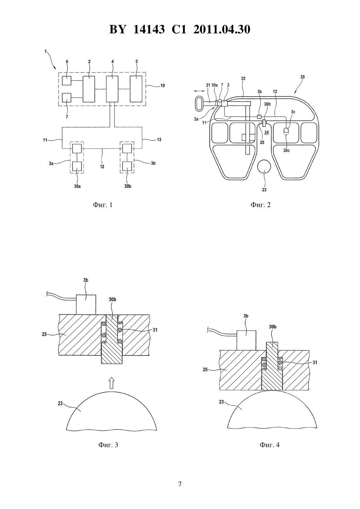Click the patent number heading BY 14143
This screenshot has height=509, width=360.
[137, 29]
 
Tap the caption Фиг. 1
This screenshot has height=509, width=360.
[103, 205]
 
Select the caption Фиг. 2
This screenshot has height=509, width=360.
[261, 205]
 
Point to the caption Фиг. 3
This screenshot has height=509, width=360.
[108, 445]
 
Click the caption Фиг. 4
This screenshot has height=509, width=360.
[270, 445]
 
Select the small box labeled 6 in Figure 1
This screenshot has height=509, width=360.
[66, 80]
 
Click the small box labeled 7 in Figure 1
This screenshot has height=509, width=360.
[66, 98]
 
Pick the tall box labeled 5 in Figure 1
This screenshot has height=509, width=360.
[136, 89]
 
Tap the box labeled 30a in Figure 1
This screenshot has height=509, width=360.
[77, 166]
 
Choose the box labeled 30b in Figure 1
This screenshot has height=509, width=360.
[127, 166]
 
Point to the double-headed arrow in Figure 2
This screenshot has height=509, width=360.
[199, 91]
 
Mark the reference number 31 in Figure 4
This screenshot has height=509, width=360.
[315, 363]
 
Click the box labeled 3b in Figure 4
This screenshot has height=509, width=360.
[246, 341]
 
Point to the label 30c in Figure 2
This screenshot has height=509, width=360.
[286, 150]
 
